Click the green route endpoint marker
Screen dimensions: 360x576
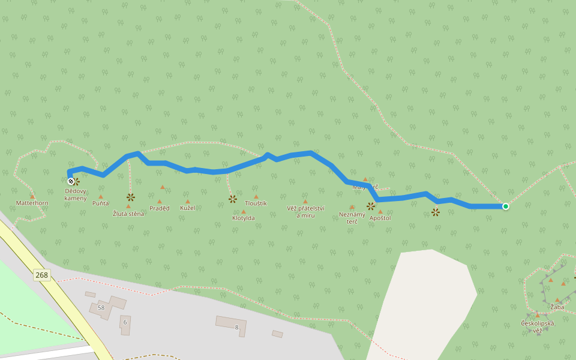[506, 206]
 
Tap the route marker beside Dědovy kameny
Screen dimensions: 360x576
[71, 181]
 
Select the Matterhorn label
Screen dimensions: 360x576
[32, 203]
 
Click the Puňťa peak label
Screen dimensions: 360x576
[101, 203]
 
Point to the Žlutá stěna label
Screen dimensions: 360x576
[128, 214]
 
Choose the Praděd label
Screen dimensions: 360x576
[160, 208]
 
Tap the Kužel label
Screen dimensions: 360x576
[188, 208]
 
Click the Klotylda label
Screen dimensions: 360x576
[244, 218]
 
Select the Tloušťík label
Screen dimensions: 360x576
[256, 203]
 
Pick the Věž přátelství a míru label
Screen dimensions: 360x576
[305, 212]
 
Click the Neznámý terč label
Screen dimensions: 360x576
[352, 218]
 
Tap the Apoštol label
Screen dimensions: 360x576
[380, 218]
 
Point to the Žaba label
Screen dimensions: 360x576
[557, 307]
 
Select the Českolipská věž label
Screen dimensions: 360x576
[538, 327]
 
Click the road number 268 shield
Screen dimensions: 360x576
[41, 275]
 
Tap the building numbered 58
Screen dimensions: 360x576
[101, 308]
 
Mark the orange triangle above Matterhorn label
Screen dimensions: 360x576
[32, 196]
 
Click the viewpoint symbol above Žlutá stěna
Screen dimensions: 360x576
[131, 197]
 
